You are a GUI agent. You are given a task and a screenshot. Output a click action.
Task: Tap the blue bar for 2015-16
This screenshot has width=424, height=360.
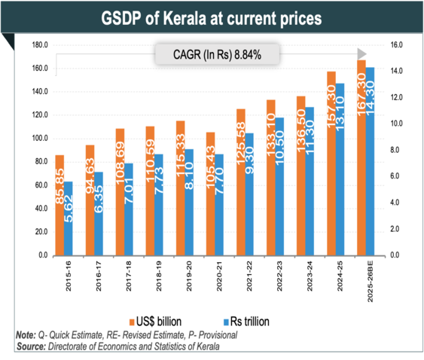tap(69, 218)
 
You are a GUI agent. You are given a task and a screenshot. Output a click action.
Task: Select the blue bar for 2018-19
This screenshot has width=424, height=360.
tap(158, 205)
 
